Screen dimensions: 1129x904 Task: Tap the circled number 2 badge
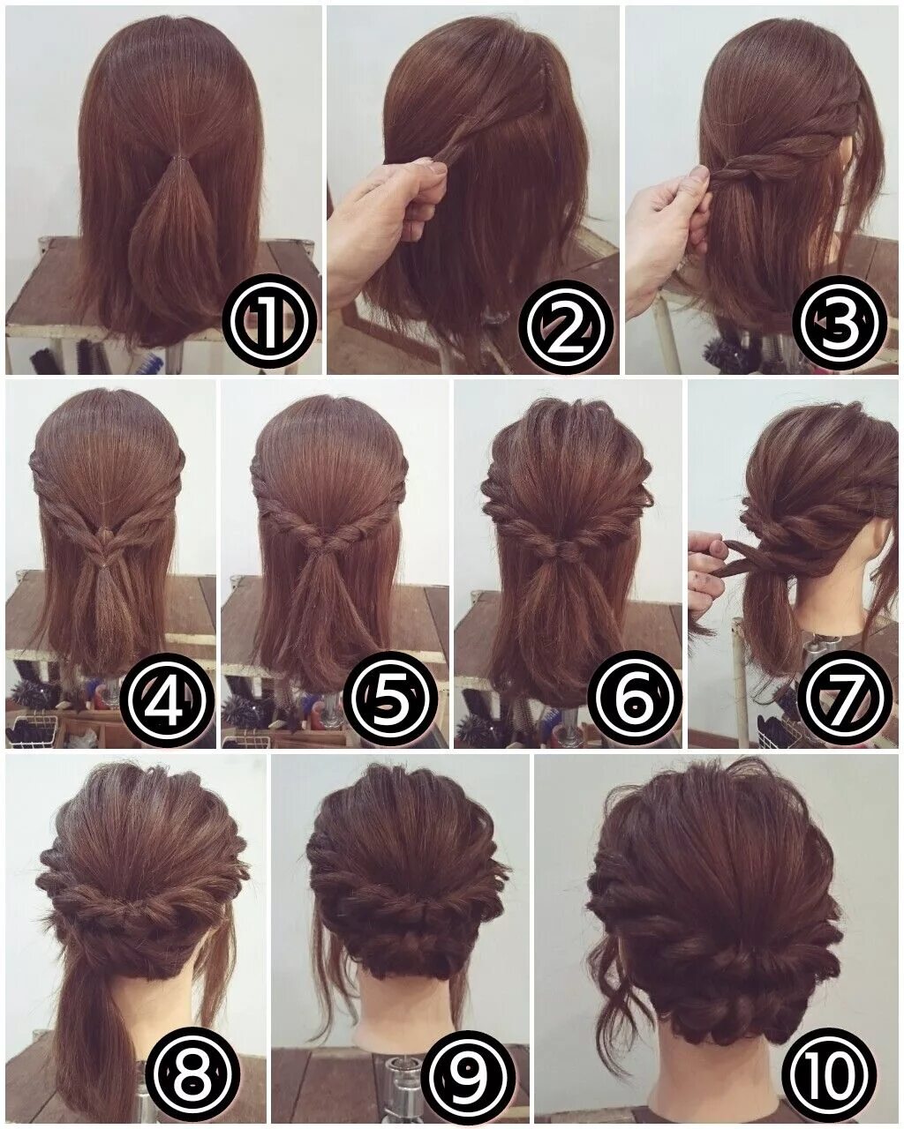569,324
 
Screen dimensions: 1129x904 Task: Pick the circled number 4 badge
168,701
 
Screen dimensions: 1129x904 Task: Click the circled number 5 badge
392,701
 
